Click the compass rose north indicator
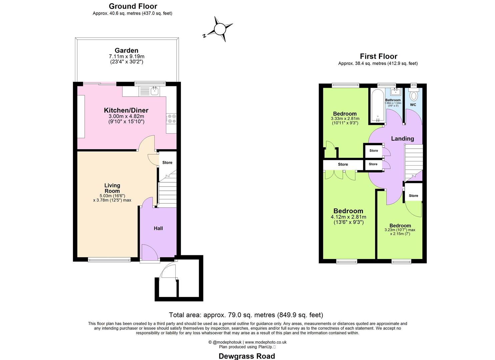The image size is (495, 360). click(219, 29)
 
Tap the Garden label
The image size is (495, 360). click(126, 51)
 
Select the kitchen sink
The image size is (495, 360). click(155, 90)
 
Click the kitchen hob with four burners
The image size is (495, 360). click(172, 118)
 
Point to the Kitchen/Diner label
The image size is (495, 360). click(126, 110)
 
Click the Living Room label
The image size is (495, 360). click(112, 188)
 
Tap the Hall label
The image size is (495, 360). click(158, 228)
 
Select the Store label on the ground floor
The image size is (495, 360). click(167, 163)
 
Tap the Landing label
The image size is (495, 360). click(402, 139)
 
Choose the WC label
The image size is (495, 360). click(413, 105)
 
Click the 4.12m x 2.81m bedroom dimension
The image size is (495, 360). click(348, 217)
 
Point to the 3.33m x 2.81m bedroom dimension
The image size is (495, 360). click(345, 118)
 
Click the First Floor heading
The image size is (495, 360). click(378, 56)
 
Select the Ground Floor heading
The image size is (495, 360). click(133, 6)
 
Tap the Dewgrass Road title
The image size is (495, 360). click(247, 356)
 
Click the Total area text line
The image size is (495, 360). click(246, 315)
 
